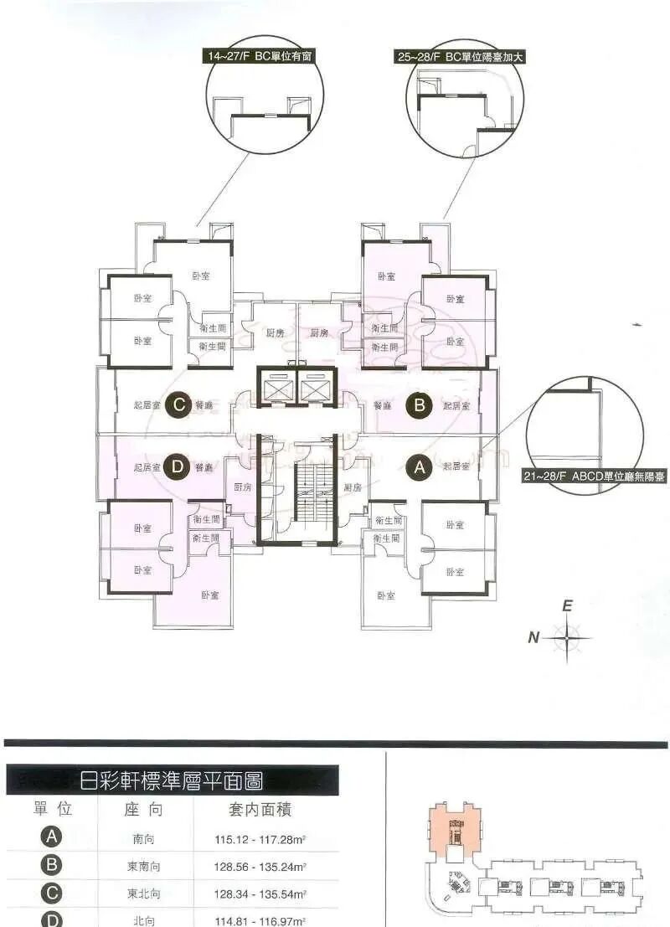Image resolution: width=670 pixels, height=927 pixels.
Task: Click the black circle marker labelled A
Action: (x=418, y=469)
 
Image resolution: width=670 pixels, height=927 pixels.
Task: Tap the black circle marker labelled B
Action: (x=418, y=406)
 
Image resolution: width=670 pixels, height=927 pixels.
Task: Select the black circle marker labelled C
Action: (x=178, y=405)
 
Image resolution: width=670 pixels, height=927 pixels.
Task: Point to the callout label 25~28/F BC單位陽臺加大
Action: (x=464, y=58)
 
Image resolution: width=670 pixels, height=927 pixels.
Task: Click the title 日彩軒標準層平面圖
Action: (x=171, y=782)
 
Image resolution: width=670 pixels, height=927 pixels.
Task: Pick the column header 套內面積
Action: (x=260, y=810)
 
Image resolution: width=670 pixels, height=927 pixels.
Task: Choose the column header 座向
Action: (x=142, y=810)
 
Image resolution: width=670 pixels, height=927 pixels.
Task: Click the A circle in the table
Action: (x=52, y=837)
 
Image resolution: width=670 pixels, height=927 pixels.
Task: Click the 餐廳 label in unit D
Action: (x=204, y=468)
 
